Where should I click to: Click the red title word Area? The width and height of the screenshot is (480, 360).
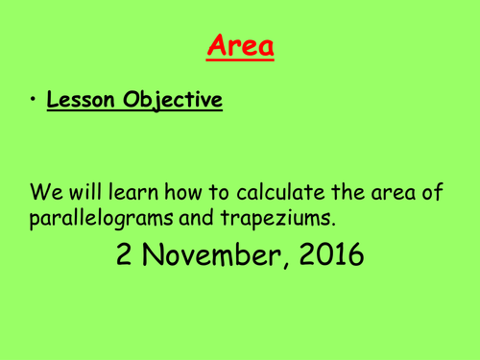240,46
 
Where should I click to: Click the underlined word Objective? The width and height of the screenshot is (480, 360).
174,101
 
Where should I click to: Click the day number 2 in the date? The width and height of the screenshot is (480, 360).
126,254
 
